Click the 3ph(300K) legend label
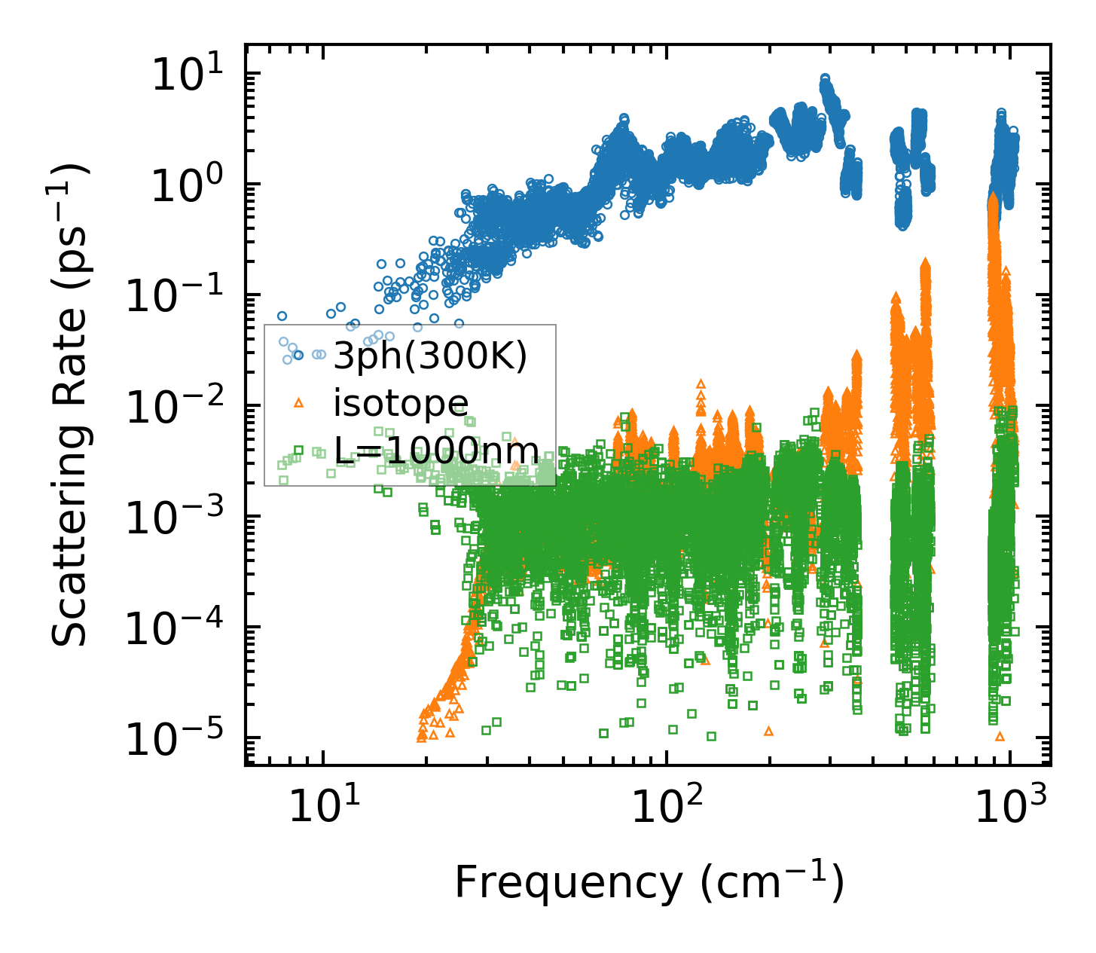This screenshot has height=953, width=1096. tap(430, 356)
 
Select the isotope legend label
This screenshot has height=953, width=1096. tap(401, 404)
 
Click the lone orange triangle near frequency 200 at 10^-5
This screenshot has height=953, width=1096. tap(768, 731)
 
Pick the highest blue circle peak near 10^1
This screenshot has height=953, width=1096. tap(825, 79)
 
